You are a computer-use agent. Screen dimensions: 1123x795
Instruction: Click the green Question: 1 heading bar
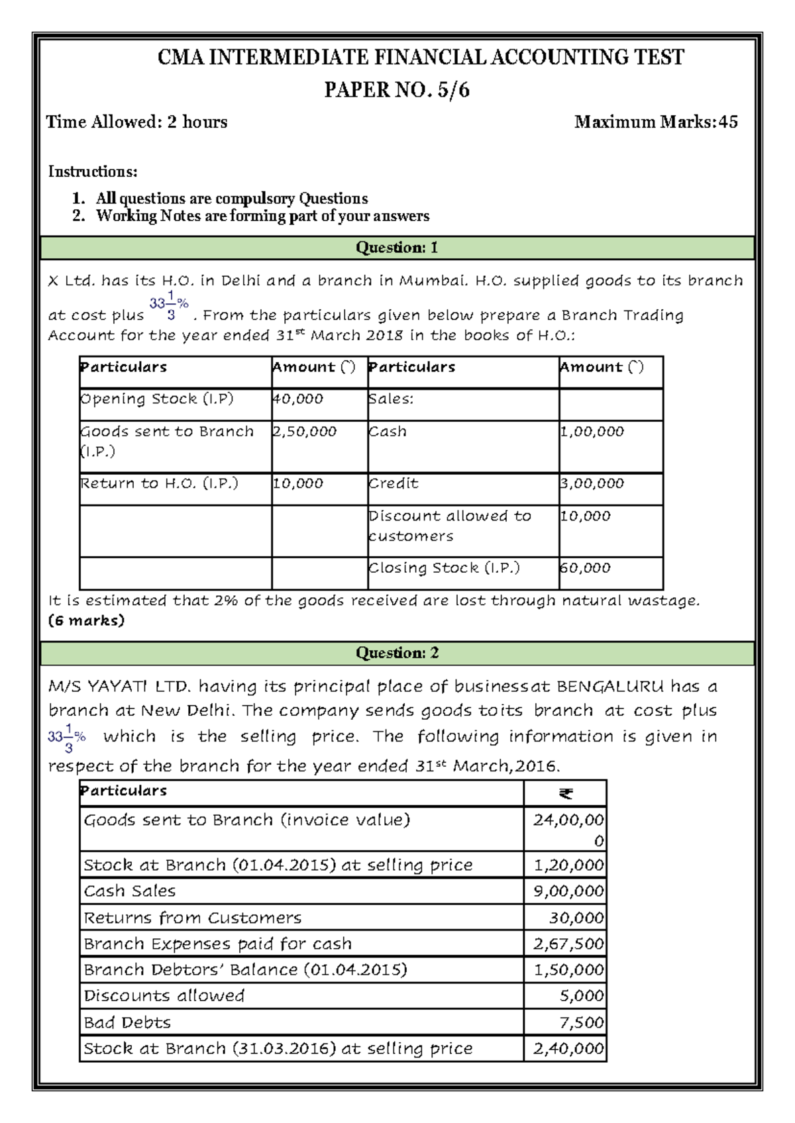point(397,248)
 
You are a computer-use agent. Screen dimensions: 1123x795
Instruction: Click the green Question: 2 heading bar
point(397,653)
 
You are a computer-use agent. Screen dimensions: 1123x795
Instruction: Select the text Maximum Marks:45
point(656,122)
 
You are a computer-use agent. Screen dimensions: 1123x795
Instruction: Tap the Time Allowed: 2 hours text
point(136,122)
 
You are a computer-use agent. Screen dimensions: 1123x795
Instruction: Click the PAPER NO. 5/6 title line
point(397,89)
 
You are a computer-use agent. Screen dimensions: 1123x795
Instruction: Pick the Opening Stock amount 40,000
point(298,399)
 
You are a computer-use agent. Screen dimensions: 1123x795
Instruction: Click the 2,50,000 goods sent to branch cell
point(305,432)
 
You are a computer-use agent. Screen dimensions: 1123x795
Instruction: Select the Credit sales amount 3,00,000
point(592,483)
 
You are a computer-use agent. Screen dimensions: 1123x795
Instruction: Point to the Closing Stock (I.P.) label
point(444,568)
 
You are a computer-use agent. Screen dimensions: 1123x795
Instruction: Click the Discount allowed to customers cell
point(450,526)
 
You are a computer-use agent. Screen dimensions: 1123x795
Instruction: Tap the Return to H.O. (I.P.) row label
point(159,483)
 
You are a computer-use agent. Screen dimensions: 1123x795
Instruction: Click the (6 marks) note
point(86,620)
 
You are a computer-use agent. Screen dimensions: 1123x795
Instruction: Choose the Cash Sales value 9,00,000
point(568,891)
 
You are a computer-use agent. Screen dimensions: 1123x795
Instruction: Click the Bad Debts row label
point(127,1022)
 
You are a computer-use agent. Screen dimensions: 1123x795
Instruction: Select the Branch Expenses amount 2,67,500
point(568,944)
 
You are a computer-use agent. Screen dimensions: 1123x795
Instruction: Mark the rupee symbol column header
point(565,793)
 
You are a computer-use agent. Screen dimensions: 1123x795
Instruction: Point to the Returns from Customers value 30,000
point(576,918)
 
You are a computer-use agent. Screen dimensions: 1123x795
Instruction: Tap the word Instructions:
point(93,171)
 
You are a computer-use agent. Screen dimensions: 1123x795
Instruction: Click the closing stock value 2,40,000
point(568,1048)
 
